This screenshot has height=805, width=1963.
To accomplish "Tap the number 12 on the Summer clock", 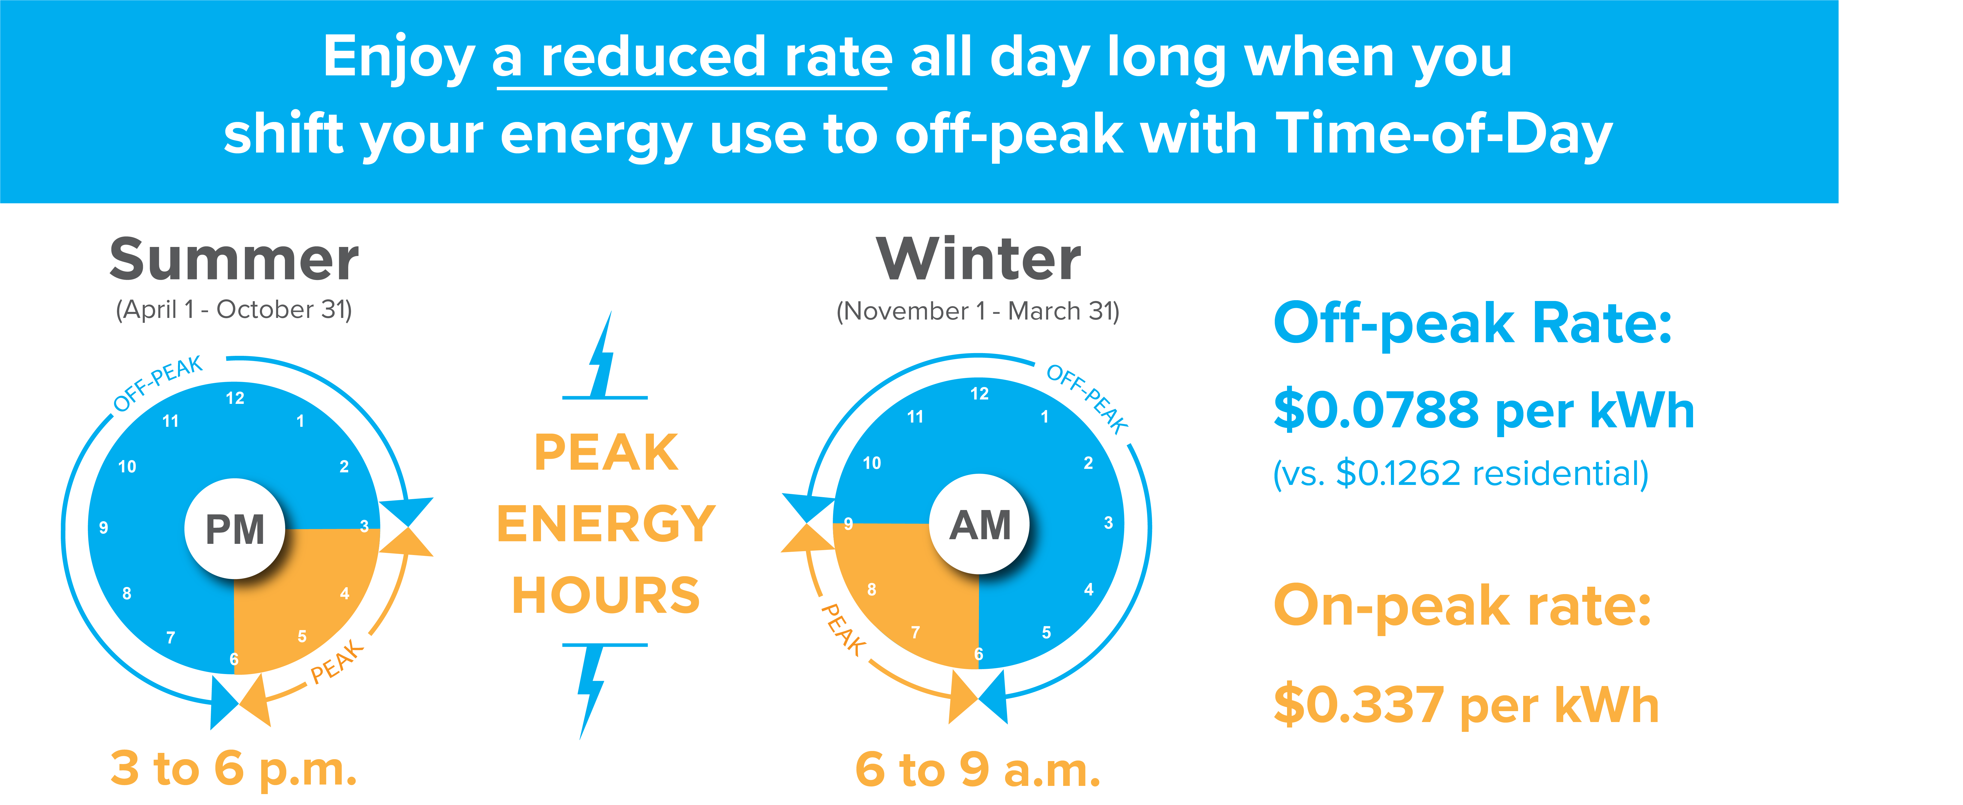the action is pyautogui.click(x=235, y=398).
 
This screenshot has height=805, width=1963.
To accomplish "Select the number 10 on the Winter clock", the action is pyautogui.click(x=872, y=463).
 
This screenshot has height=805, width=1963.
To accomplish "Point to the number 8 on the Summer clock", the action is pyautogui.click(x=127, y=593).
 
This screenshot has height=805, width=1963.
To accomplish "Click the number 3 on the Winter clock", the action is pyautogui.click(x=1109, y=523).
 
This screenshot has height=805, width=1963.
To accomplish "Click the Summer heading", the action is pyautogui.click(x=234, y=259).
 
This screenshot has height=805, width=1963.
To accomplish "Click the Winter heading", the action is pyautogui.click(x=978, y=259).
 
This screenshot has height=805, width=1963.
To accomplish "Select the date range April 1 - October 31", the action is pyautogui.click(x=234, y=309).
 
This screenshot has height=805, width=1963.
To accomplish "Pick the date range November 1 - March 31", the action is pyautogui.click(x=978, y=311).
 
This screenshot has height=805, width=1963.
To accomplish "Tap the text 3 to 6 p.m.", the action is pyautogui.click(x=234, y=768).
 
